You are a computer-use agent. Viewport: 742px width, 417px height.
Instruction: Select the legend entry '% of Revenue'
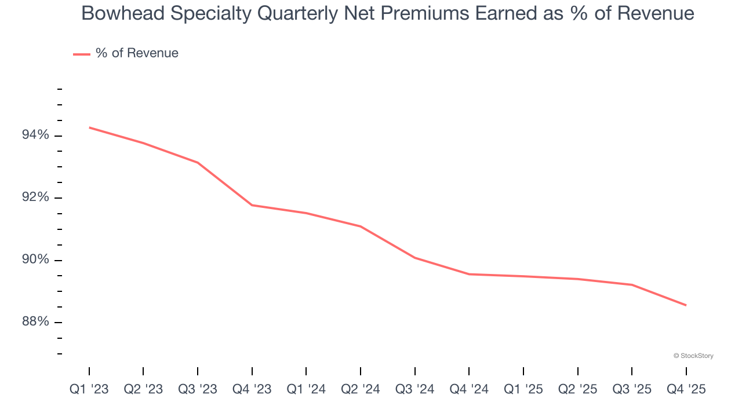tap(137, 53)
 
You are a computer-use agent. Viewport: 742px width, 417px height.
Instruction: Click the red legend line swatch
tap(81, 54)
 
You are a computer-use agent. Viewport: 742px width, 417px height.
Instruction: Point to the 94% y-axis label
tap(36, 135)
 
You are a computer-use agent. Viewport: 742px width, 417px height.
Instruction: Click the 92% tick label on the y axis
tap(36, 197)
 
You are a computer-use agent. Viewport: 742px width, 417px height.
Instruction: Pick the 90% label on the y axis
tap(36, 259)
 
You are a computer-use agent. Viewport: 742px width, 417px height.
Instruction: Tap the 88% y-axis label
tap(36, 322)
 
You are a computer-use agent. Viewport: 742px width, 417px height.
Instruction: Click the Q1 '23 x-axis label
tap(89, 389)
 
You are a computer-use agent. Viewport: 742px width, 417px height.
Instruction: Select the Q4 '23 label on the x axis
tap(252, 389)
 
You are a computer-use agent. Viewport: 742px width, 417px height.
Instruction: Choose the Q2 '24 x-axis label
tap(361, 389)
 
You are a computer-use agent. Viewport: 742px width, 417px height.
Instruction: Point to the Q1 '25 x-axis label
tap(523, 389)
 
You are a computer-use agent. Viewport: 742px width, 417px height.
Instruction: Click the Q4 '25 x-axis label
tap(686, 389)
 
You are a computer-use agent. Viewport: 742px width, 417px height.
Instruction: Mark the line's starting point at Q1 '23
tap(89, 127)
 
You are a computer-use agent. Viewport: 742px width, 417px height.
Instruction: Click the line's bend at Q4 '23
tap(252, 205)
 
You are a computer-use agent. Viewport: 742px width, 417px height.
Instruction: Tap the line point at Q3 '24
tap(415, 258)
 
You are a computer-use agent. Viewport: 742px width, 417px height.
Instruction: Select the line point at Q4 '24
tap(469, 274)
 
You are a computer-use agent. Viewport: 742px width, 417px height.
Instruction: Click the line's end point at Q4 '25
tap(686, 305)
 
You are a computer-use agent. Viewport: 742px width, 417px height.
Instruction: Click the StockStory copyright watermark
tap(693, 356)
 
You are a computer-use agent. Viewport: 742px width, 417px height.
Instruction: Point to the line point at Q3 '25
tap(632, 284)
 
